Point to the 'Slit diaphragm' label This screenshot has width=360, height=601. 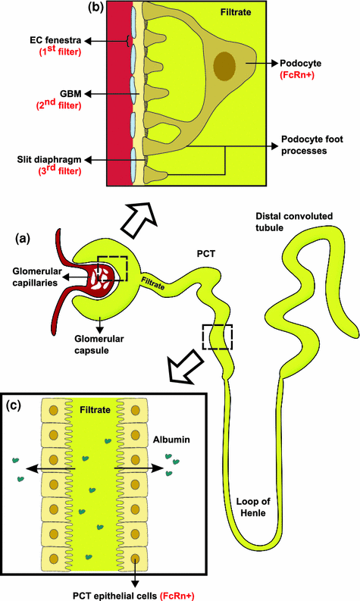pyautogui.click(x=48, y=160)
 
